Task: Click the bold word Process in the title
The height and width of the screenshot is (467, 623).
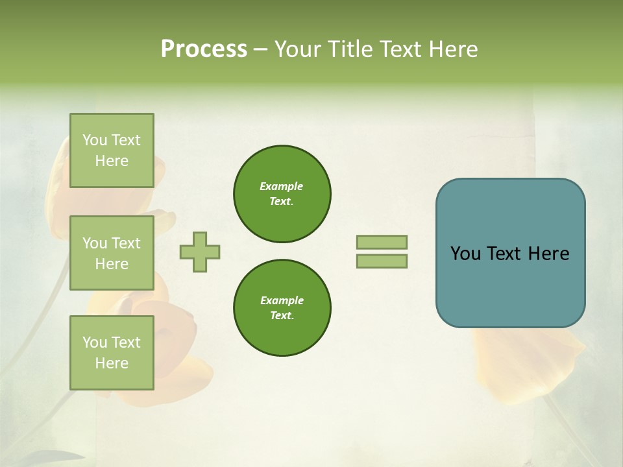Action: coord(204,49)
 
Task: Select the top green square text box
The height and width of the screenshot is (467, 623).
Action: coord(112,150)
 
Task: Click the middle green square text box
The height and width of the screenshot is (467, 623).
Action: coord(112,253)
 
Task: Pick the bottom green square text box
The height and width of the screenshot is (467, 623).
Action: coord(112,353)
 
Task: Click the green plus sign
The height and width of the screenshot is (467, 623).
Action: coord(200,252)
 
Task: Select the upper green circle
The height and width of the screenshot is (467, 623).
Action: coord(282,194)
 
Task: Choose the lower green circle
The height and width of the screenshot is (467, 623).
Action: coord(282,308)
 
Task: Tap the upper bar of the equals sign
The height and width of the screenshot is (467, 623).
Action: coord(382,242)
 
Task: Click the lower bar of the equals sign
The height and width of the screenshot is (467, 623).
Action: coord(382,261)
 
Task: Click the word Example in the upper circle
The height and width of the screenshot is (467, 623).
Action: coord(282,186)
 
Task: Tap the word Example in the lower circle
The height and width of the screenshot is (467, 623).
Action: coord(282,300)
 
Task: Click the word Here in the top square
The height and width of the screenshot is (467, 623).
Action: coord(112,161)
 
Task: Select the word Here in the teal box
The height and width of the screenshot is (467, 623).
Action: coord(549,254)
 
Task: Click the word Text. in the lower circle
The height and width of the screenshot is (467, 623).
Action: coord(282,316)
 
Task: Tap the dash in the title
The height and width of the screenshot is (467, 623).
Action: coord(261,49)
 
